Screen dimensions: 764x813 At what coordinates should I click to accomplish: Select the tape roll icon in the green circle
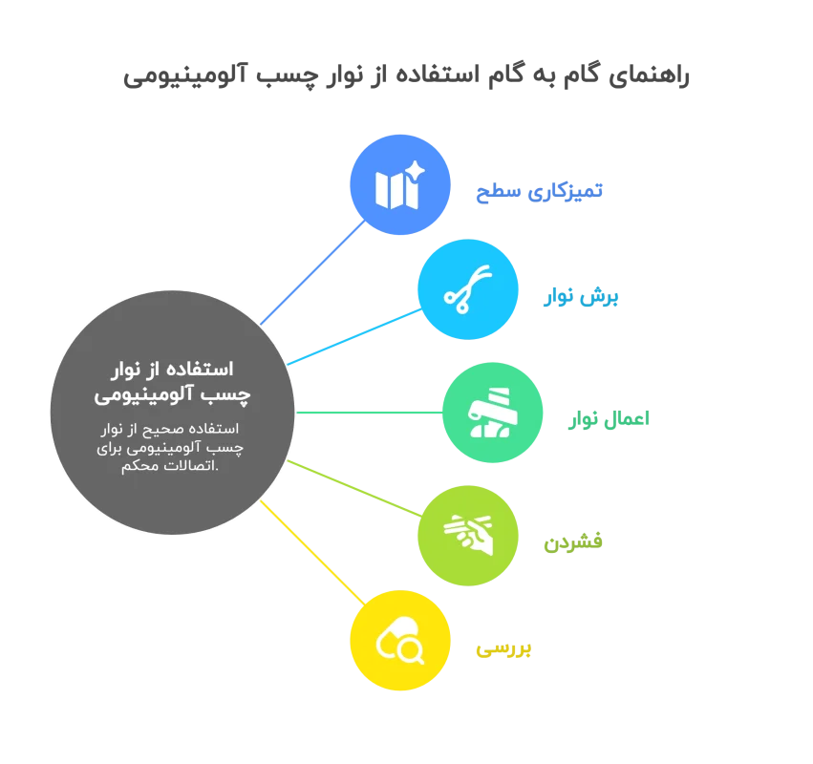(492, 414)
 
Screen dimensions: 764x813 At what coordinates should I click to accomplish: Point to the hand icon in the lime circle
(468, 535)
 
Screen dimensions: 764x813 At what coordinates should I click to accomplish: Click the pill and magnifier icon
(400, 641)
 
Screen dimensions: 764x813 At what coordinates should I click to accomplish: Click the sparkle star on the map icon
(415, 172)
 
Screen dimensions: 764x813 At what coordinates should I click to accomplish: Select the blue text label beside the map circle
(539, 190)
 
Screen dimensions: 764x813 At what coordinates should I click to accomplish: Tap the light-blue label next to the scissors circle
(581, 297)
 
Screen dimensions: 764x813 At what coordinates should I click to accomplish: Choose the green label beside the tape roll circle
(609, 417)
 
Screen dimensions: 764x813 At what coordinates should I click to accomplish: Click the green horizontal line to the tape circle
(369, 413)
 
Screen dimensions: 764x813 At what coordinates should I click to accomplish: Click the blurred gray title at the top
(409, 76)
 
